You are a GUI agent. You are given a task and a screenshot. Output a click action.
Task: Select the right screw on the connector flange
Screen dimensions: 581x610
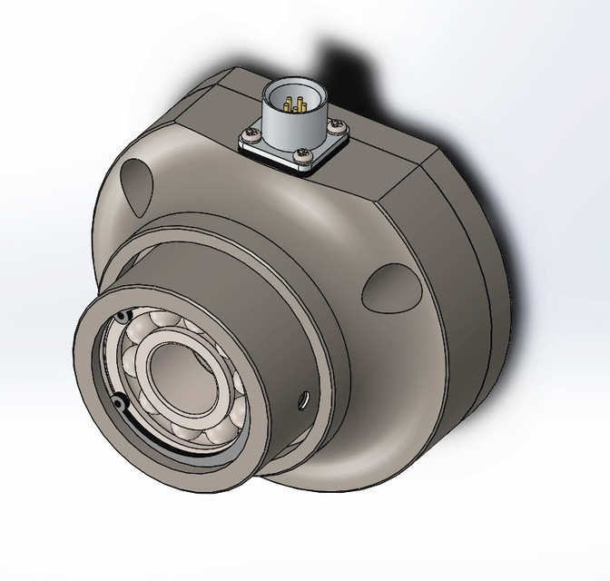click(336, 123)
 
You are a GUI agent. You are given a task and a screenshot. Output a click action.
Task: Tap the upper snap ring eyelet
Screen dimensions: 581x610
click(119, 316)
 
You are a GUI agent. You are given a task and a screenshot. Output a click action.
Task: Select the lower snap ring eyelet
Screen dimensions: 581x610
click(118, 400)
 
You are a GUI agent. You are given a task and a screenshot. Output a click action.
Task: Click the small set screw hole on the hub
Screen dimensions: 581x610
click(302, 397)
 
